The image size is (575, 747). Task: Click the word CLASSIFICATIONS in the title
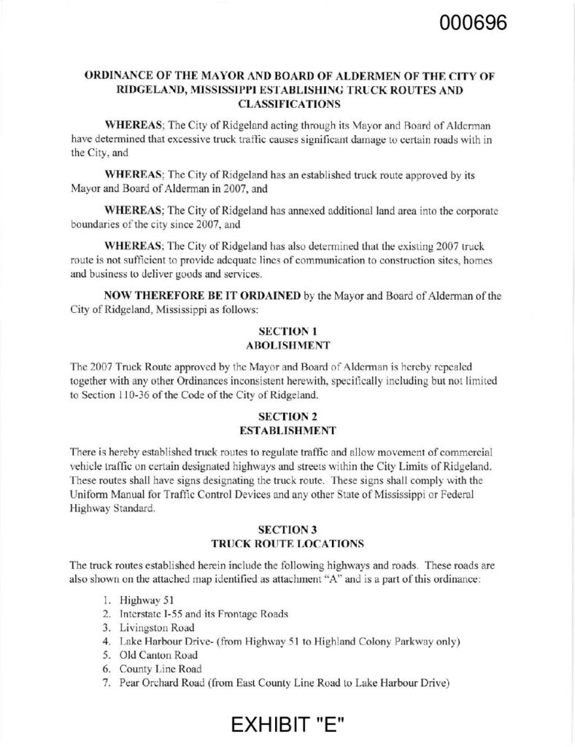[x=287, y=103]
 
